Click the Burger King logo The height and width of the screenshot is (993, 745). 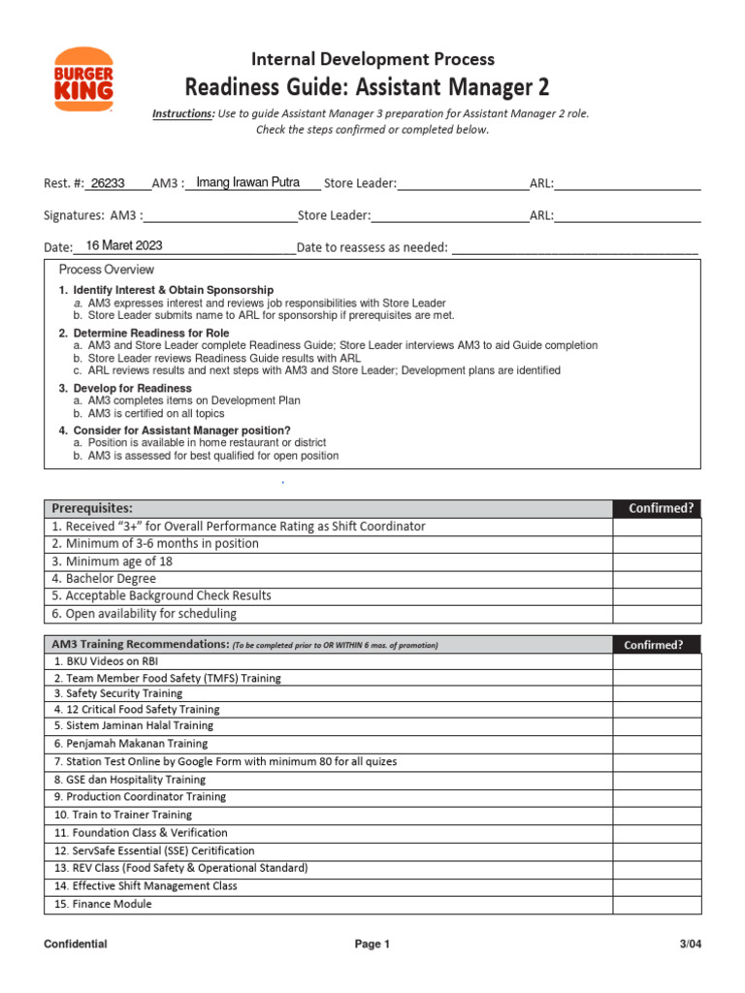coord(83,80)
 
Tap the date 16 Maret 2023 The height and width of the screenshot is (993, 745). coord(124,246)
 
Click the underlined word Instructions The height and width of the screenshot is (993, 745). coord(183,113)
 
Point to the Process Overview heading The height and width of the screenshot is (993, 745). coord(107,270)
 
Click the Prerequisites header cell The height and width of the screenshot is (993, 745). coord(92,508)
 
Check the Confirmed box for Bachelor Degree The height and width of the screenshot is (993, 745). coord(656,579)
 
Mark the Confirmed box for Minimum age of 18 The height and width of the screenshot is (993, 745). coord(656,561)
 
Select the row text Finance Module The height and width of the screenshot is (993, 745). coord(102,904)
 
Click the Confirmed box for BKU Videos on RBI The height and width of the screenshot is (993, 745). coord(656,661)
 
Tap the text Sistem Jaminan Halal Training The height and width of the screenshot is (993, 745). coord(133,725)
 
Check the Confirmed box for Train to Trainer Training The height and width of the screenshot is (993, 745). coord(656,816)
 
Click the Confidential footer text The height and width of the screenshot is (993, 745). coord(76,945)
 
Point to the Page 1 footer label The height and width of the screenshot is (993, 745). coord(372,945)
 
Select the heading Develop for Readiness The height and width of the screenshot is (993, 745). coord(132,388)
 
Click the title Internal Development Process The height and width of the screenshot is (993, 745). coord(373,59)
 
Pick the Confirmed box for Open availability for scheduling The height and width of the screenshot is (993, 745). coord(656,614)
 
